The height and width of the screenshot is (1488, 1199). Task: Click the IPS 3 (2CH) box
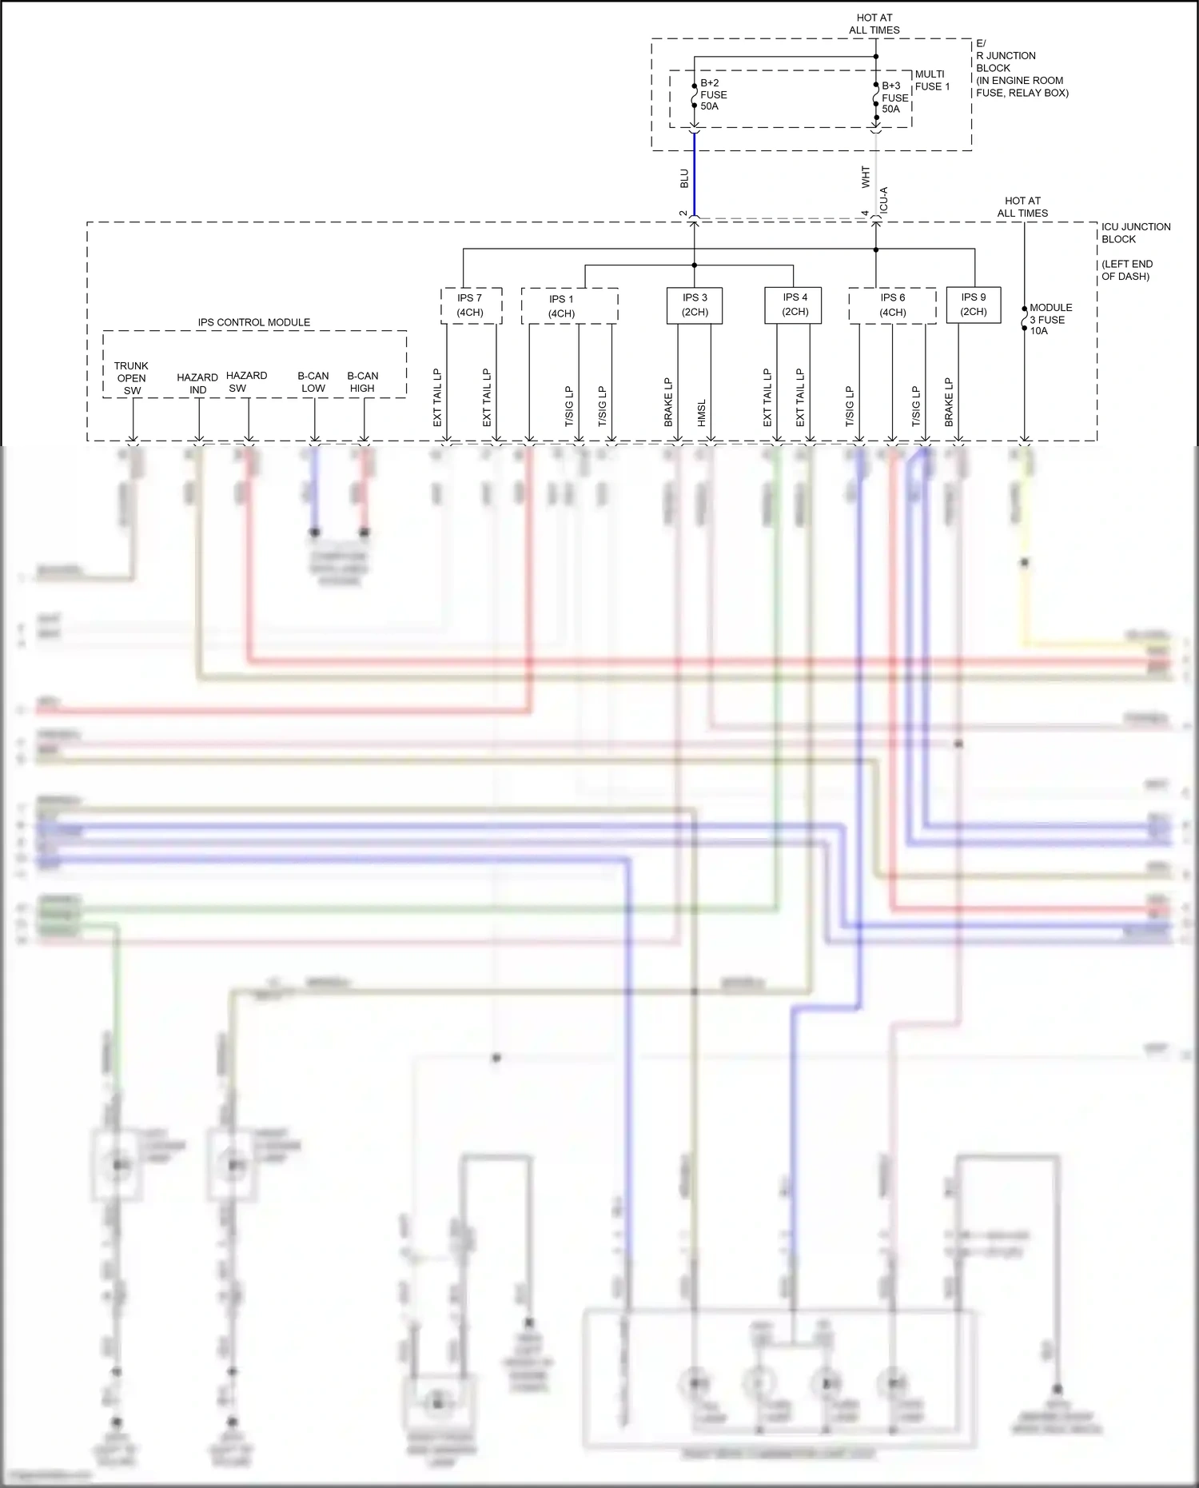pos(695,305)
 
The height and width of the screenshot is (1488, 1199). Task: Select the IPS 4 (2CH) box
pos(795,305)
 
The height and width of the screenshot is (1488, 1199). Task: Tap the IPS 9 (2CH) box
pos(973,304)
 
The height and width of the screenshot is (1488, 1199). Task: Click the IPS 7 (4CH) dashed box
pos(471,305)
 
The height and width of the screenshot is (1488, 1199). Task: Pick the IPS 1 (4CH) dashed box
pos(568,305)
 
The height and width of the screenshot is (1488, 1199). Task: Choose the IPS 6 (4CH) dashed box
pos(892,305)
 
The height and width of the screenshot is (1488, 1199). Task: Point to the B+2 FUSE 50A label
pos(713,94)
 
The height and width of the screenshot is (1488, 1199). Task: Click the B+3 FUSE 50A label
pos(894,98)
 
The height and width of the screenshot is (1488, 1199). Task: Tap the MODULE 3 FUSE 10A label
pos(1050,319)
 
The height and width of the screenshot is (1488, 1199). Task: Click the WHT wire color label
pos(866,177)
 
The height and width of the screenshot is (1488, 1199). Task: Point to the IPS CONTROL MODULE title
pos(254,322)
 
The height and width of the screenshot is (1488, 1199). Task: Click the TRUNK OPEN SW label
pos(132,378)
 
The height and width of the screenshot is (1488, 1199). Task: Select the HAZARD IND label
pos(197,384)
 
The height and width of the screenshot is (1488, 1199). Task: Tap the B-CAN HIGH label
pos(362,382)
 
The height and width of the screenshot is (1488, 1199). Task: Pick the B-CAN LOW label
pos(313,382)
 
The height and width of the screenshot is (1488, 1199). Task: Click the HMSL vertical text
pos(702,413)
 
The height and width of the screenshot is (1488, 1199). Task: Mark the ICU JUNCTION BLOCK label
pos(1135,233)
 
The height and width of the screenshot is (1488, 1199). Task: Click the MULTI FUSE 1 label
pos(932,80)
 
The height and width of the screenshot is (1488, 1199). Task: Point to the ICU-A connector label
pos(884,200)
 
